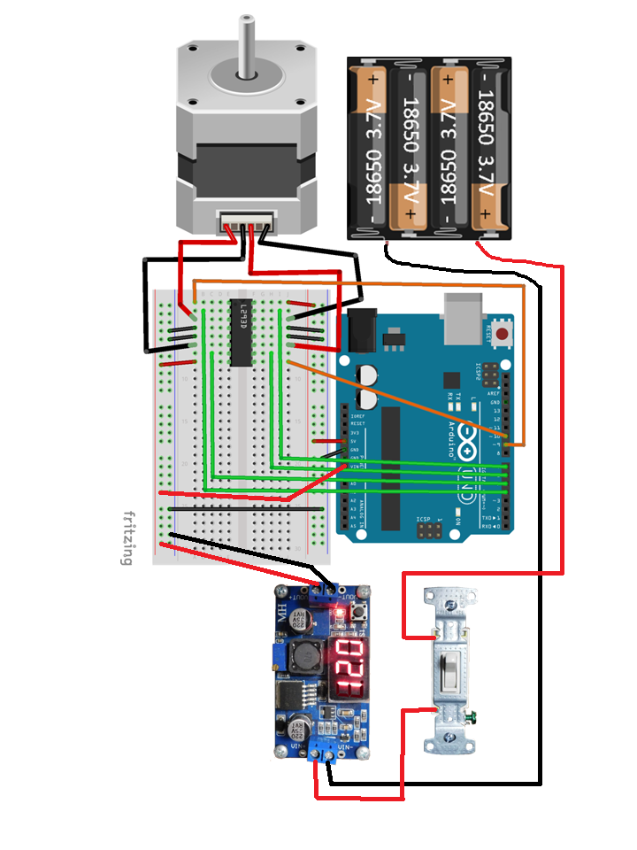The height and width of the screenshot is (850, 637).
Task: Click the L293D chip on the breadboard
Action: (240, 333)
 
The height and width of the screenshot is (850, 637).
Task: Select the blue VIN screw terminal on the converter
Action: (325, 753)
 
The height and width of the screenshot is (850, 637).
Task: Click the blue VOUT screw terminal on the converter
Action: (328, 594)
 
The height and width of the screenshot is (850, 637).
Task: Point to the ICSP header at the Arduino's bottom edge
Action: (430, 531)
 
